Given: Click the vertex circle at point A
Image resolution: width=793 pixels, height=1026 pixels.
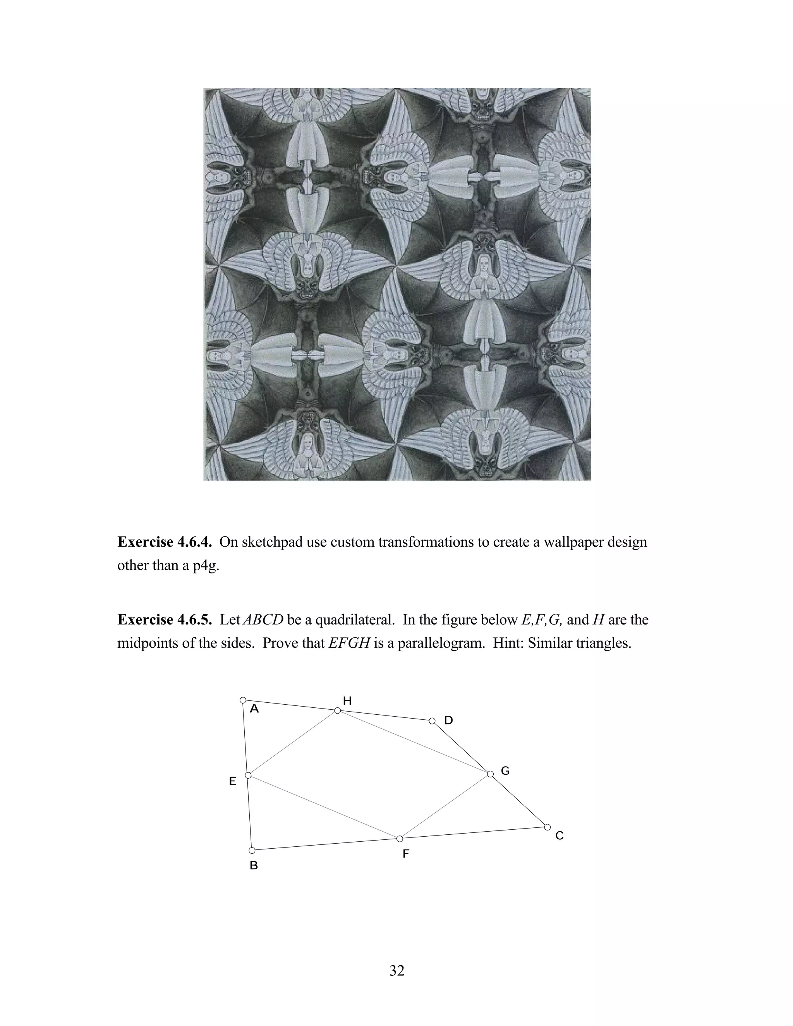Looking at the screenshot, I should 243,700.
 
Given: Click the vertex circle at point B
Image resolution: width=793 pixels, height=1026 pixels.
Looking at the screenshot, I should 252,851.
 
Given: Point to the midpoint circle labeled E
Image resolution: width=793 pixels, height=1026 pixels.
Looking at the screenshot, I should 248,775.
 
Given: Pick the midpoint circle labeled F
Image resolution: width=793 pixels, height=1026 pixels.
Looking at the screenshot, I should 400,839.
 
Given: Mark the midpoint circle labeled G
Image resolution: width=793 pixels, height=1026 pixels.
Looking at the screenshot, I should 490,774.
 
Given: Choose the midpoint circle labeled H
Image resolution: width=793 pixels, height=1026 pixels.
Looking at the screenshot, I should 337,710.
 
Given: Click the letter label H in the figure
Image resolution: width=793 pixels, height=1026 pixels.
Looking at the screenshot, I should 347,701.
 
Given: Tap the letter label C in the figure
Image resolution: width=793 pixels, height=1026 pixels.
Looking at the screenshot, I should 559,836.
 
